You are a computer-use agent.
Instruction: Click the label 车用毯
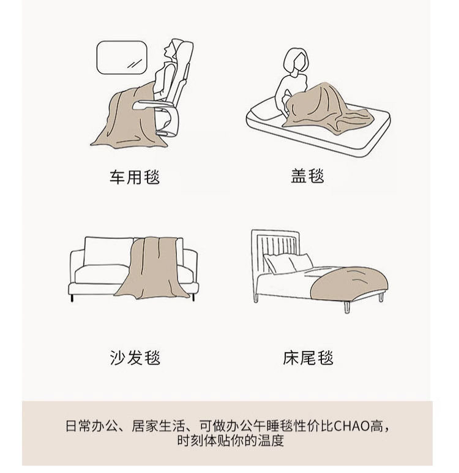134,178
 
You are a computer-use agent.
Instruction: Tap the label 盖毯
307,176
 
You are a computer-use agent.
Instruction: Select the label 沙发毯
135,358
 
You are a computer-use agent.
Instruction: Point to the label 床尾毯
308,358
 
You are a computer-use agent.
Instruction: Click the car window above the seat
122,56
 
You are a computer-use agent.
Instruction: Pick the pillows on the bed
288,263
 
